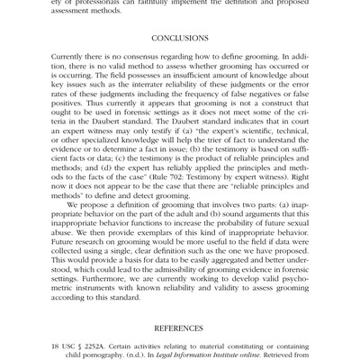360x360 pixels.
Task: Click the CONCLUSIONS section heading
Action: (x=180, y=40)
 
